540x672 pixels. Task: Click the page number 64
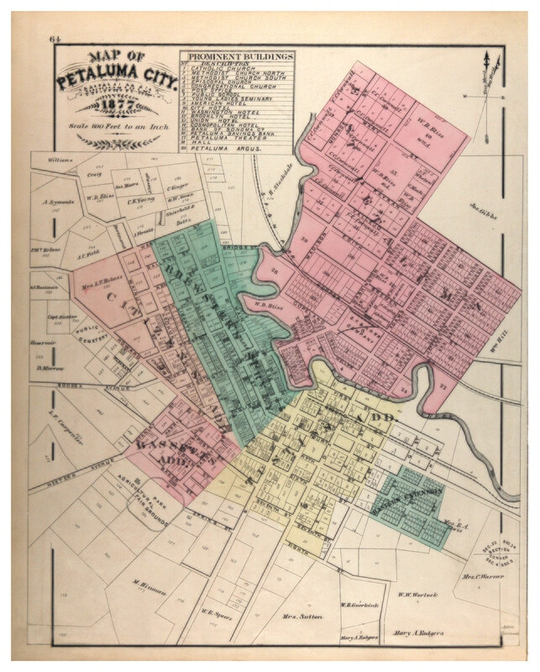click(55, 39)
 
